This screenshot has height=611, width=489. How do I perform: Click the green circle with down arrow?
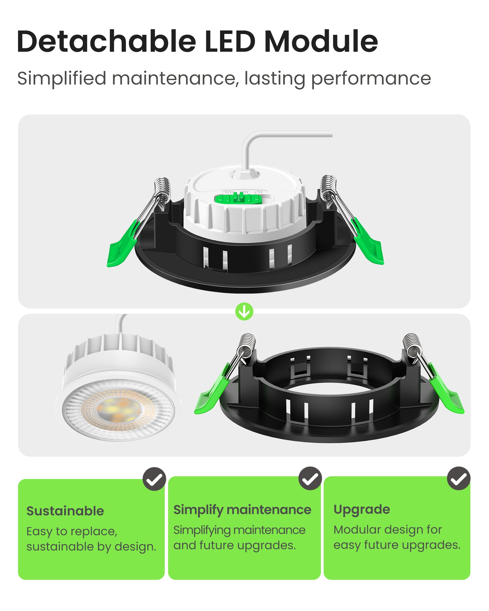coord(244,312)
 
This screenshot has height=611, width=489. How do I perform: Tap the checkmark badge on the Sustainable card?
coord(154,479)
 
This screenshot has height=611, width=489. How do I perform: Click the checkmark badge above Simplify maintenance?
coord(310,478)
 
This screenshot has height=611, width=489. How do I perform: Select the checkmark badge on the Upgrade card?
coord(459,478)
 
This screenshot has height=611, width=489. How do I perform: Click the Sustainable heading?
coord(65,511)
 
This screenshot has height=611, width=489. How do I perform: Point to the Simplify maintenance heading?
coord(242,510)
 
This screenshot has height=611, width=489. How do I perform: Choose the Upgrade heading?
coord(362,510)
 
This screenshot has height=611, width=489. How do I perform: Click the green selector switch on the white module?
coord(238,199)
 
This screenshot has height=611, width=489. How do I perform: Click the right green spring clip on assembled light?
coord(369,243)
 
